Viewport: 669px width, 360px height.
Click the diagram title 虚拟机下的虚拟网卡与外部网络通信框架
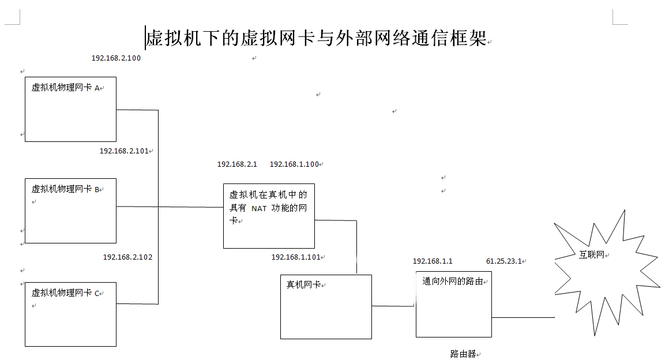tap(317, 38)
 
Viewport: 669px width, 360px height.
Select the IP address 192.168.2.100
tap(116, 58)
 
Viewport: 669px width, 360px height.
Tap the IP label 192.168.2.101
tap(124, 151)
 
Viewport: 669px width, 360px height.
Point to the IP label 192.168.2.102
tap(127, 257)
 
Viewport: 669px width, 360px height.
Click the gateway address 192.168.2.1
tap(237, 164)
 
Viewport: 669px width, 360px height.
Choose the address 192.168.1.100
tap(294, 164)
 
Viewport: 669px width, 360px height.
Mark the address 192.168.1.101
tap(296, 257)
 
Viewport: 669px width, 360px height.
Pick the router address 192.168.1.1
tap(433, 261)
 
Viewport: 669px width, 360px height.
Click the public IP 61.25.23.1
tap(504, 261)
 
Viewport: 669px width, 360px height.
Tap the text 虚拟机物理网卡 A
tap(66, 88)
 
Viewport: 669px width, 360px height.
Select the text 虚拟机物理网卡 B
tap(66, 189)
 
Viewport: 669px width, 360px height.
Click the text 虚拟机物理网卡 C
tap(66, 292)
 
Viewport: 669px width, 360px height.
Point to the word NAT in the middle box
tap(259, 208)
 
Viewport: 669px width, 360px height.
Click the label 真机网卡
tap(303, 284)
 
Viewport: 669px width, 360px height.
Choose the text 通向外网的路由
tap(453, 282)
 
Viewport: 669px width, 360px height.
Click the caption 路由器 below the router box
tap(463, 354)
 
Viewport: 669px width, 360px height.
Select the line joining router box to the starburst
tap(523, 317)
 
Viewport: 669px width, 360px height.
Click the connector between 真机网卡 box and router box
tap(393, 306)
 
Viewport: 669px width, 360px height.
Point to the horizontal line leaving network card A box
tap(137, 110)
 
